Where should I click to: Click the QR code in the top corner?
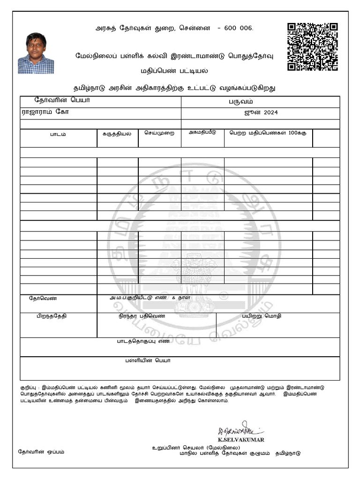click(312, 46)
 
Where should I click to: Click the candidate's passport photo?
click(36, 53)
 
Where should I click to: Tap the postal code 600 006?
click(239, 28)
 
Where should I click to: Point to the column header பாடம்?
click(58, 134)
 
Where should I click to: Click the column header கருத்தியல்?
click(117, 133)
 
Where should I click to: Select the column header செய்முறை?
click(159, 133)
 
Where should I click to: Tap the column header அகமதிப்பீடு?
click(202, 132)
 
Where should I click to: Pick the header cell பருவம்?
click(260, 101)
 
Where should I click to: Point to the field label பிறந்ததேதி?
click(52, 316)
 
